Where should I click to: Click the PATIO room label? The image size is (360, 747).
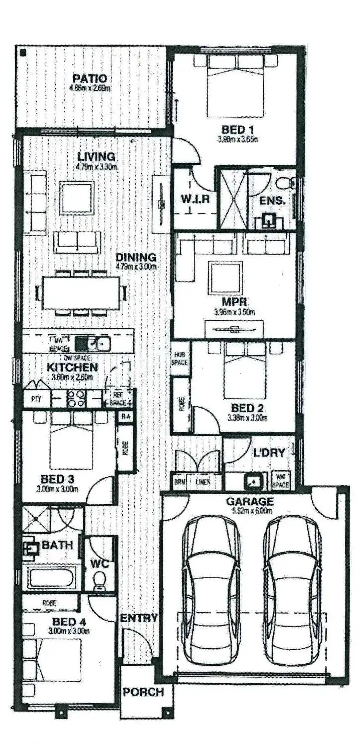coord(90,79)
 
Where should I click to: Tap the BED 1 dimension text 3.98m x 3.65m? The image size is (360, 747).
coord(238,139)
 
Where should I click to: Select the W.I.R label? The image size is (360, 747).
coord(194,199)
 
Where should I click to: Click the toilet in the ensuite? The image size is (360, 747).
coord(285,183)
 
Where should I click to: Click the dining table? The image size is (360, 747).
coord(81,293)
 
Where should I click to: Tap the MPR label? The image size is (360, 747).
coord(235,302)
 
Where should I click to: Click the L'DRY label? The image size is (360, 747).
coord(269,453)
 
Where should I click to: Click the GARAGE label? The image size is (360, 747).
coord(249,501)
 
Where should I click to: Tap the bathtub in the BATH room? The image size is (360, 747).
coord(51,578)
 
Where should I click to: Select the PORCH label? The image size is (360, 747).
coord(143,692)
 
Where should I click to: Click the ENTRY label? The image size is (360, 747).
coord(139,618)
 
